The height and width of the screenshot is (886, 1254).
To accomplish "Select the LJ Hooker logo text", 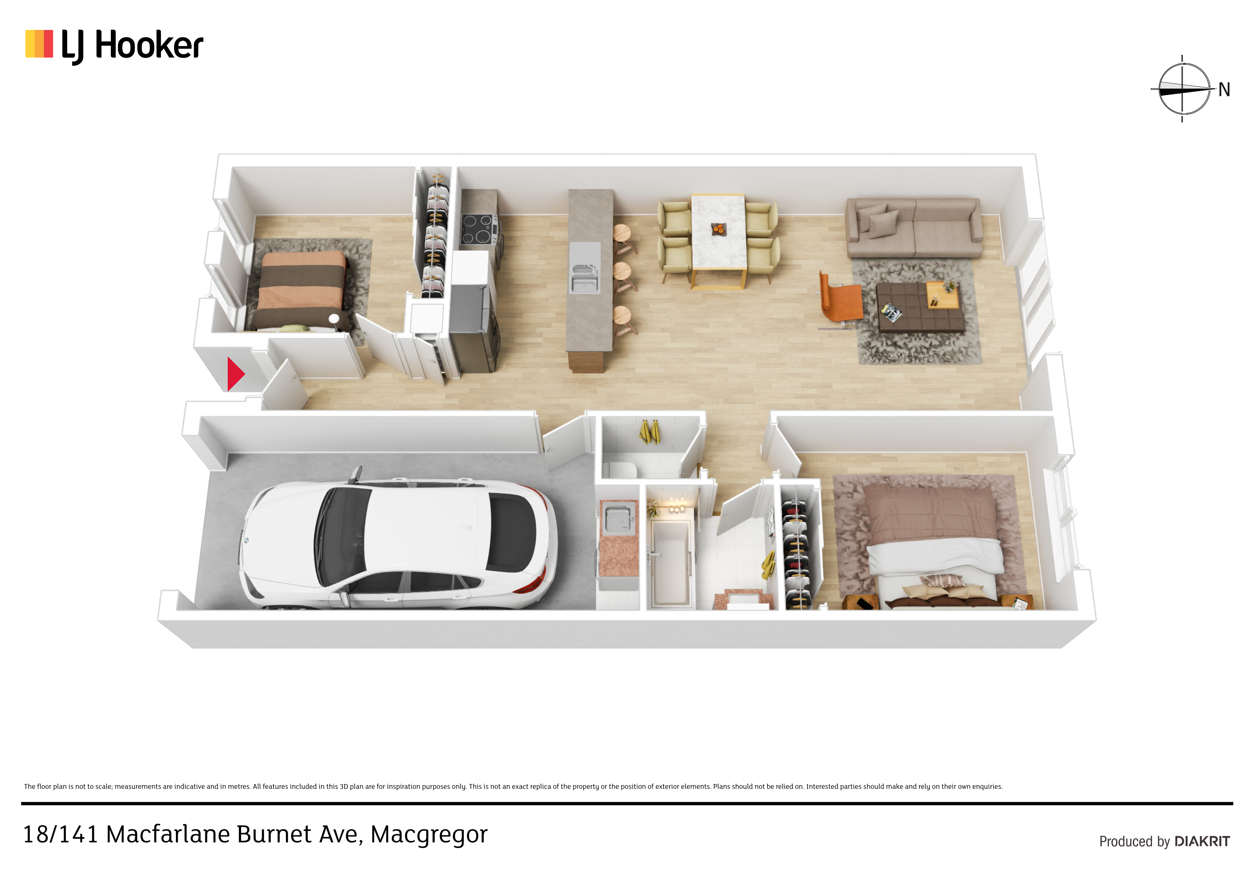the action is [132, 46].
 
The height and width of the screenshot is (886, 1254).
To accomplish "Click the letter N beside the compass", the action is [1224, 90].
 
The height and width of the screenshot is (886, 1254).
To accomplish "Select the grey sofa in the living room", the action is [914, 227].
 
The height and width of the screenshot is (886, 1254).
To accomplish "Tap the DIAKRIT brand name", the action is [1202, 841].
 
